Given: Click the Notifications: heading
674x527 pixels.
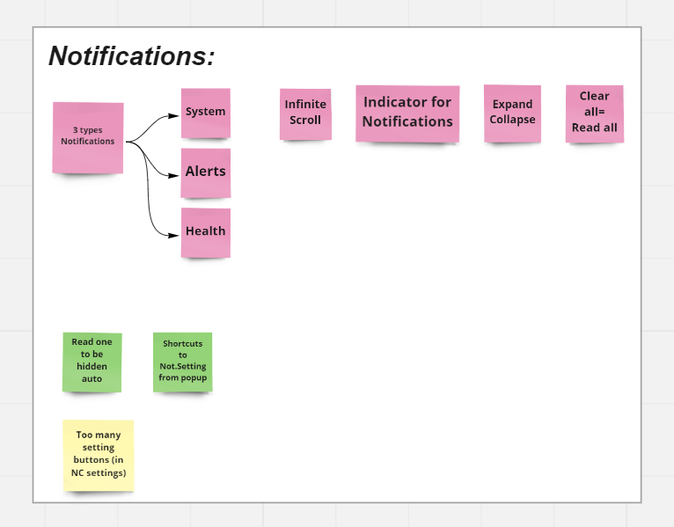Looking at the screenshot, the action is click(131, 56).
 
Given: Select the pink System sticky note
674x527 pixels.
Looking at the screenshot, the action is click(206, 113).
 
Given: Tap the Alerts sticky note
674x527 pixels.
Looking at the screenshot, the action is click(206, 172).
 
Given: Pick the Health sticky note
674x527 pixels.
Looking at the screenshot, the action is click(206, 232).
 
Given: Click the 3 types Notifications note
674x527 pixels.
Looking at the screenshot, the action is click(88, 137).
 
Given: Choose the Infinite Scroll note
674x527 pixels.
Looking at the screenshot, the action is click(305, 113).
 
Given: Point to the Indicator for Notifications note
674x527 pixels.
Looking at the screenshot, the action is click(407, 113).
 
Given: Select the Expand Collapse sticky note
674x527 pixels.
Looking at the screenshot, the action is click(512, 113).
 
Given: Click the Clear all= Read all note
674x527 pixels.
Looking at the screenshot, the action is click(595, 113).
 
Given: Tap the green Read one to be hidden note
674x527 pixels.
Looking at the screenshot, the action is click(92, 362).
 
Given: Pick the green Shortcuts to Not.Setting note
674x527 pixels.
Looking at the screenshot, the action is click(183, 362).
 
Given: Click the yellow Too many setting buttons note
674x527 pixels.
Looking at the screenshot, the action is click(99, 455).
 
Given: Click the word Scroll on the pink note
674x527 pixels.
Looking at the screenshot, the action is click(305, 120).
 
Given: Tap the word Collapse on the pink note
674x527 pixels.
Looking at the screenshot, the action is click(512, 120).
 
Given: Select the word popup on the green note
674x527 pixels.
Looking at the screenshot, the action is click(194, 377).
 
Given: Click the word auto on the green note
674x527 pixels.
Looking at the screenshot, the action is click(92, 378).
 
